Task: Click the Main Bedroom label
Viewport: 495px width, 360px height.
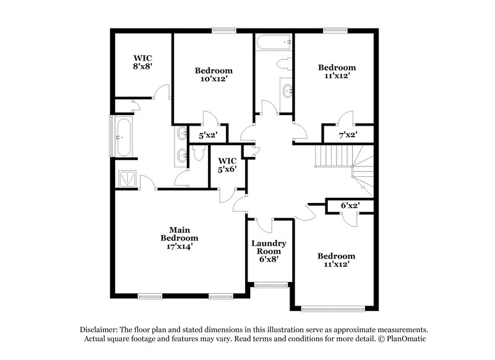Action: pos(179,238)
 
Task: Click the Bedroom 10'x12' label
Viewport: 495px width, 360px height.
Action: pos(213,74)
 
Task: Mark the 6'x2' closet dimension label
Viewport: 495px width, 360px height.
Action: pos(350,205)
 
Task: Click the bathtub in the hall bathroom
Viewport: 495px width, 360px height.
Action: pos(272,43)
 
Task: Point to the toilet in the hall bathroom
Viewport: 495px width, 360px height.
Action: pos(283,64)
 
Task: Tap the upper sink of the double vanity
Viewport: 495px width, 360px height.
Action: pos(181,134)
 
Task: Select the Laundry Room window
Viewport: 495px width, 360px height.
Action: pos(270,285)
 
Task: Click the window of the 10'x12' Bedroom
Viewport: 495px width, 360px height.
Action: pos(223,29)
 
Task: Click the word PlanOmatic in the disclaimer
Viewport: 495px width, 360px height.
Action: pos(405,340)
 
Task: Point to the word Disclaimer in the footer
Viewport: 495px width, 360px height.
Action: pos(100,330)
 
